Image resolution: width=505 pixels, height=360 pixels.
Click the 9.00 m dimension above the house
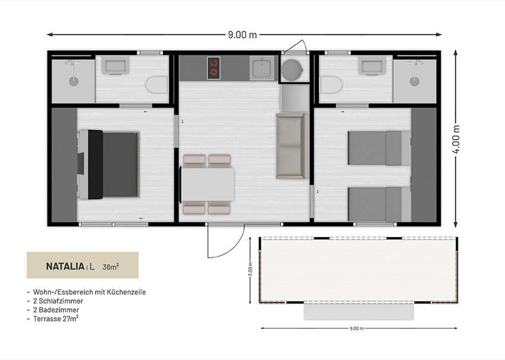click(242, 34)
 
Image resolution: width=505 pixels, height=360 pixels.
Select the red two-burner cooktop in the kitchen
click(213, 68)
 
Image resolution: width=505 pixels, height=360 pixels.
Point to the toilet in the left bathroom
click(157, 85)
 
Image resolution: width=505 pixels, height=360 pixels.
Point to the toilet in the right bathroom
click(332, 85)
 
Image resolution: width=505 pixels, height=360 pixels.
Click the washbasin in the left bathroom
click(115, 66)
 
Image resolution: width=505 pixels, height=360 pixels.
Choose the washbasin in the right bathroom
click(373, 66)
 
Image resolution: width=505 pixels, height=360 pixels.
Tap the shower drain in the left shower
click(74, 81)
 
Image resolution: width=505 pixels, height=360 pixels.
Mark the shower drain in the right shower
click(415, 81)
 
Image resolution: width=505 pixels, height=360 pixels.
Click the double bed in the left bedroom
click(109, 165)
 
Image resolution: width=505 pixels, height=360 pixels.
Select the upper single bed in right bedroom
click(380, 148)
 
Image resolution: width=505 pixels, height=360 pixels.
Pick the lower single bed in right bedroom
click(380, 204)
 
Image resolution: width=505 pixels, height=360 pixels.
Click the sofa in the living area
click(292, 146)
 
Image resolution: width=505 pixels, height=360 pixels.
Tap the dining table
click(208, 185)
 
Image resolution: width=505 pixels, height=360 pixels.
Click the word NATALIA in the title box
click(65, 266)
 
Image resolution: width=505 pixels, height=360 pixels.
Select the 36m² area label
click(111, 267)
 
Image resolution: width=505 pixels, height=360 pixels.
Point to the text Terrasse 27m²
click(56, 318)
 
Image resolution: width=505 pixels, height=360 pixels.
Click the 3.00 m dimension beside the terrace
click(250, 269)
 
